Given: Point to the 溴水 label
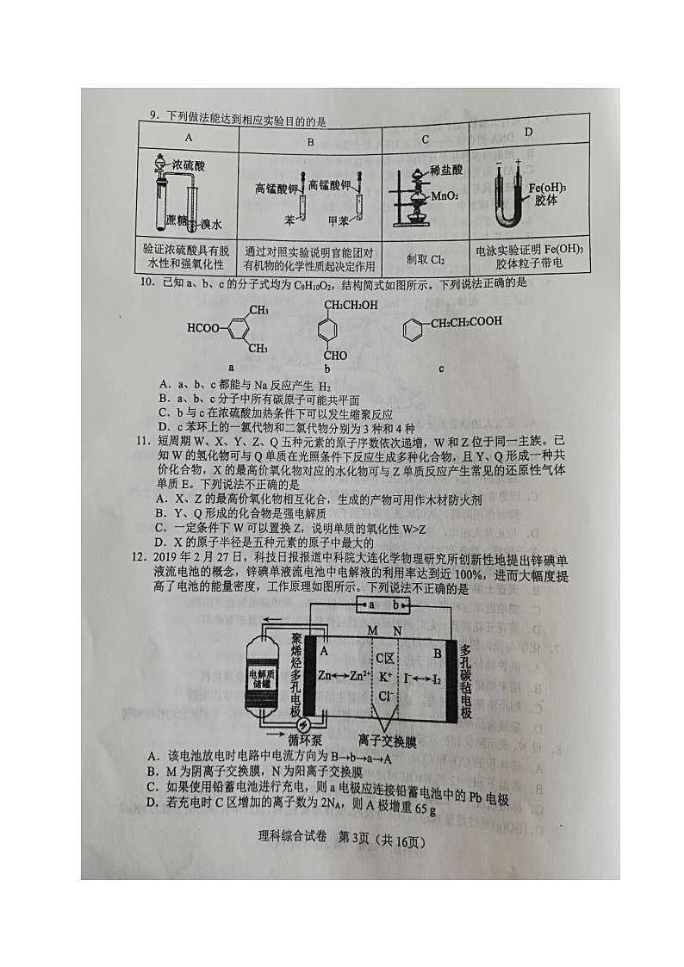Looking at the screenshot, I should [x=211, y=224].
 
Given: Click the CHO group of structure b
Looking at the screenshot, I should [x=336, y=355].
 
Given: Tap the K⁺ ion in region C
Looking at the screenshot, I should [x=383, y=676].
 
